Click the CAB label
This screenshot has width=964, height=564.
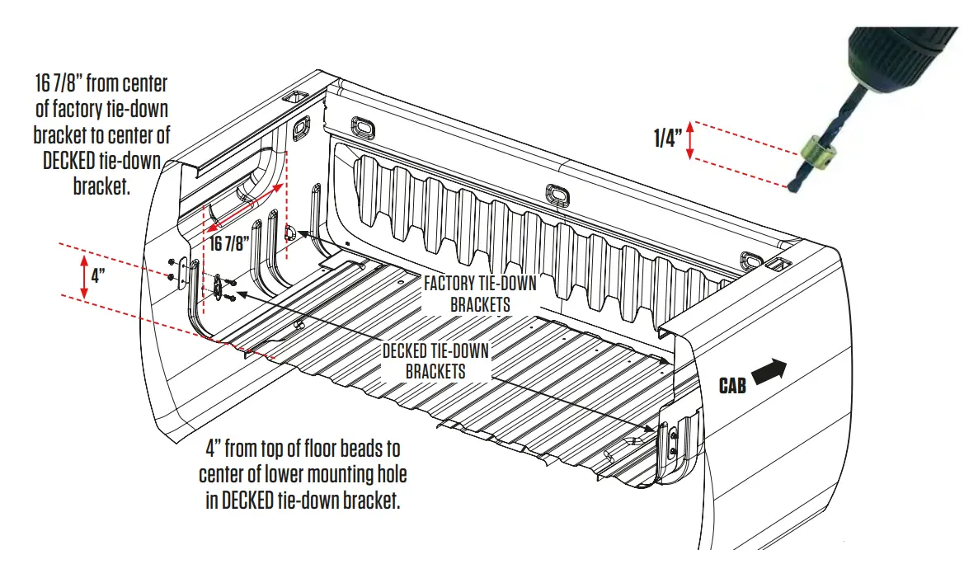[732, 385]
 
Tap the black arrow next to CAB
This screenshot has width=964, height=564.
[770, 372]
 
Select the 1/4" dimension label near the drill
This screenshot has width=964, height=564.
[667, 139]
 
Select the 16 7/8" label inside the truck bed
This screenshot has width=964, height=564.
[228, 243]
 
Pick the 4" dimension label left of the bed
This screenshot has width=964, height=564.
[96, 276]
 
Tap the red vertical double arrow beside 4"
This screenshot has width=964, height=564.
[82, 277]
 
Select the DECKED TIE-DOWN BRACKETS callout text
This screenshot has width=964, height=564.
[435, 361]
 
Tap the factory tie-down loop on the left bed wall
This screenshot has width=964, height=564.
[291, 233]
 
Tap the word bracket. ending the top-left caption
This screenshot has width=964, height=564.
[102, 186]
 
